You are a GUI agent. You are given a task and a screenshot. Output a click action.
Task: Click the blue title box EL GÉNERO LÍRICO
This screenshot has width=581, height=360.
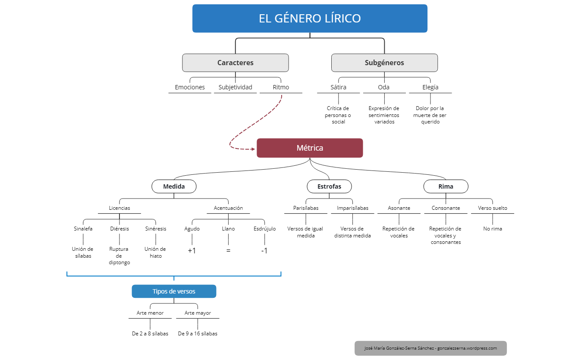coord(310,19)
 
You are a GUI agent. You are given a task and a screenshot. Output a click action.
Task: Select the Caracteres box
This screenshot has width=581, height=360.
coord(235,63)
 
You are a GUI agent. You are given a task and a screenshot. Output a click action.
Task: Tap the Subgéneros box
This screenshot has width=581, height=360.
coord(384,63)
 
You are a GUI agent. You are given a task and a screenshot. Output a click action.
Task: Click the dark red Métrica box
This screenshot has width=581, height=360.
coord(310,148)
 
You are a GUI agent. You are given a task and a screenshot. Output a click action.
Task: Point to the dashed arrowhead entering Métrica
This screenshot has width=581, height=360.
coord(253,149)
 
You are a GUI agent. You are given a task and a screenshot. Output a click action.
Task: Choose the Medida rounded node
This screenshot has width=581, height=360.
coord(174,186)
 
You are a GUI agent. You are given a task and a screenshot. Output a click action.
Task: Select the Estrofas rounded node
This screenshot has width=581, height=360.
coord(329,186)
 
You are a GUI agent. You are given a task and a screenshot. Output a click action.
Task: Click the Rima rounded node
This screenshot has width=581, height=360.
coord(446,186)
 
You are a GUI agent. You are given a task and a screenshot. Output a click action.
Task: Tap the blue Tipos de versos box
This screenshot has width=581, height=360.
coord(174,291)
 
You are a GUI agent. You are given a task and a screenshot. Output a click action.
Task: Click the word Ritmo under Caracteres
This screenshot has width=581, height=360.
coord(281,87)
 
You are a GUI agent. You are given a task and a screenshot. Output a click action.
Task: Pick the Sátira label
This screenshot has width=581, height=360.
coord(339,87)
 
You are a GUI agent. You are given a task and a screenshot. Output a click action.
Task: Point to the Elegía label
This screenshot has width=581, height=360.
coord(430,87)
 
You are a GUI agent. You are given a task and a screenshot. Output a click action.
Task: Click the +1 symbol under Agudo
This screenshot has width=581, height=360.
coord(192,250)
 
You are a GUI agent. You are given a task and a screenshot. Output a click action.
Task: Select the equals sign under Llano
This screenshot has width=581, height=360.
coord(228,250)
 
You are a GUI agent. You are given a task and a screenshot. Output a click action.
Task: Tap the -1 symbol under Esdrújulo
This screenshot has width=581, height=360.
coord(264,250)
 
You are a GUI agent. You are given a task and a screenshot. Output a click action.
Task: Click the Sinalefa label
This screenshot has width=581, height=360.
coord(83,229)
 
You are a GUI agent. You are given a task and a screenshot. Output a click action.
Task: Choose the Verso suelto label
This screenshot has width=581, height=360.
coord(493,208)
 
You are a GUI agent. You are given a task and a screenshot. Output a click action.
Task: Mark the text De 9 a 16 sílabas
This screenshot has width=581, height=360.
coord(198,334)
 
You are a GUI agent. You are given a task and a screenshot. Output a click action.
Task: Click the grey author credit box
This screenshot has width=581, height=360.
coord(430,348)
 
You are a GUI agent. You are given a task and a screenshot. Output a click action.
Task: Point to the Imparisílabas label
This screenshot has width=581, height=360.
coord(352,208)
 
